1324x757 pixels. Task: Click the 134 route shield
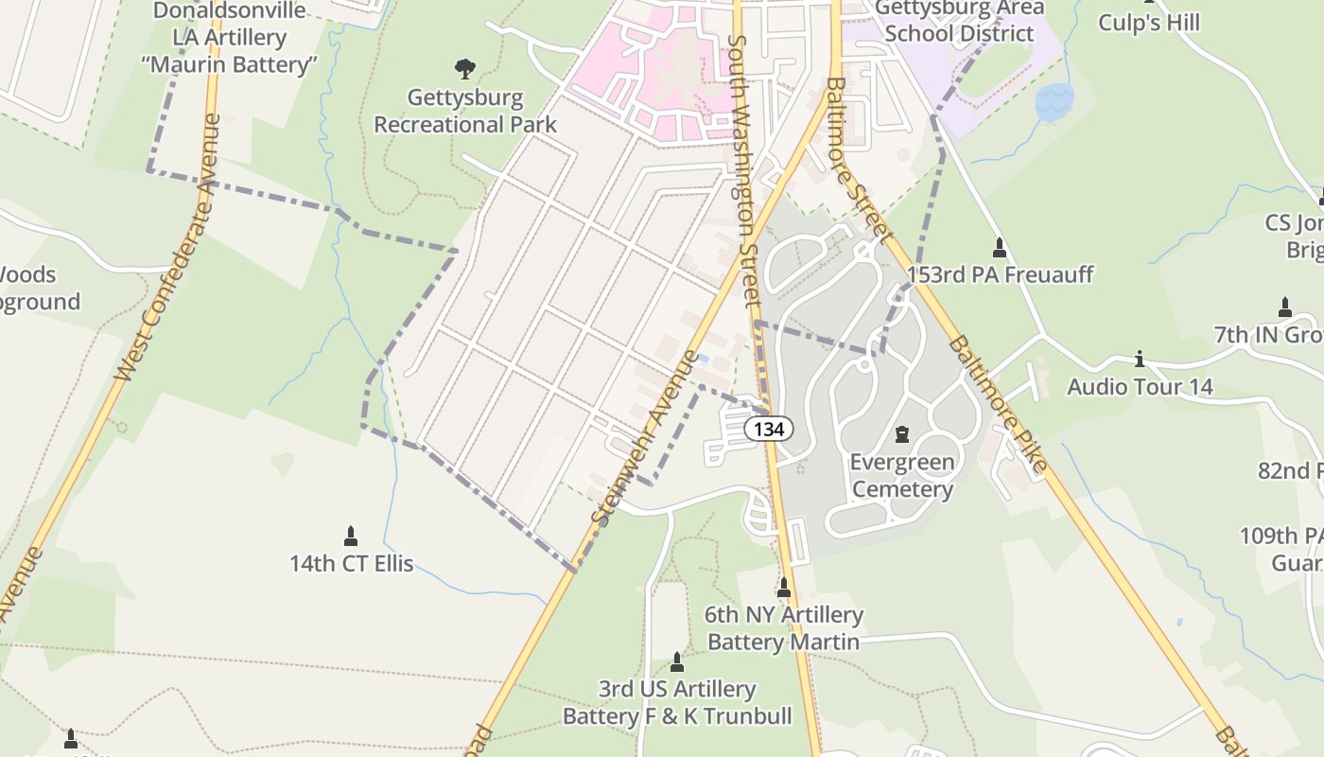769,429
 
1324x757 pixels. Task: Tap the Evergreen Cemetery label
901,476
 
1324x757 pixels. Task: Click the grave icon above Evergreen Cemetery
901,434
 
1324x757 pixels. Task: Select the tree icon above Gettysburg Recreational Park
464,69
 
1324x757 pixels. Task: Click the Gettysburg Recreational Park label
464,111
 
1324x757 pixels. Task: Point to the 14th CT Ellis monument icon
351,537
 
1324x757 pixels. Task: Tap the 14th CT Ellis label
351,563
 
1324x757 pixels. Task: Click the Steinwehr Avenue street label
645,437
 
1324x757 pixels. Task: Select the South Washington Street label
744,170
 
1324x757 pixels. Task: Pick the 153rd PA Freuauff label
1000,274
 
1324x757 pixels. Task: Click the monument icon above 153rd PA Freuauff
1000,248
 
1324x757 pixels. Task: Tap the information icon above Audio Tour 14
1140,360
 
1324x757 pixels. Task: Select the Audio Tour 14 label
1140,386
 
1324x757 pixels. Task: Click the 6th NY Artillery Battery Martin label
783,628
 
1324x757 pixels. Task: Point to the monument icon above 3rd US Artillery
677,661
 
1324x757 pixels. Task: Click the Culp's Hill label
1148,22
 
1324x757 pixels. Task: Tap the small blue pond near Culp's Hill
1054,101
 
